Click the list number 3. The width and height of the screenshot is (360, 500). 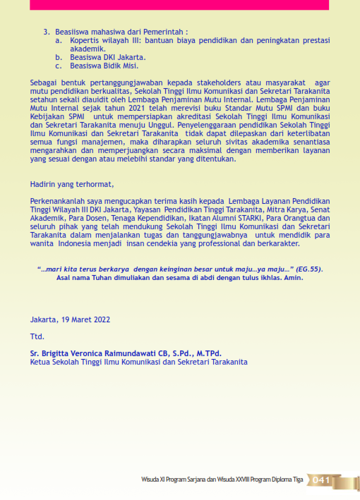pos(47,32)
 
